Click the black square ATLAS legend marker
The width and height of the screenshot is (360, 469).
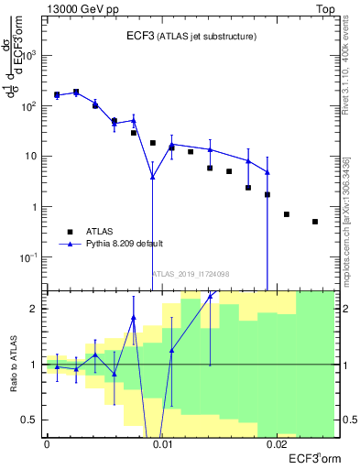click(70, 232)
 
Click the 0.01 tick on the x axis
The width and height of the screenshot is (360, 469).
click(162, 444)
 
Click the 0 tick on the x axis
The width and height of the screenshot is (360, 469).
click(47, 444)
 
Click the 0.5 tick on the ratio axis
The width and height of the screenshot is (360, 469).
click(32, 420)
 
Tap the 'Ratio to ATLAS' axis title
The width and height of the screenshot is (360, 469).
click(13, 364)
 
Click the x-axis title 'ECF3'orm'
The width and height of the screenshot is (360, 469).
click(313, 457)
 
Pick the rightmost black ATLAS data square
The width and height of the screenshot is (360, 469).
click(315, 222)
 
